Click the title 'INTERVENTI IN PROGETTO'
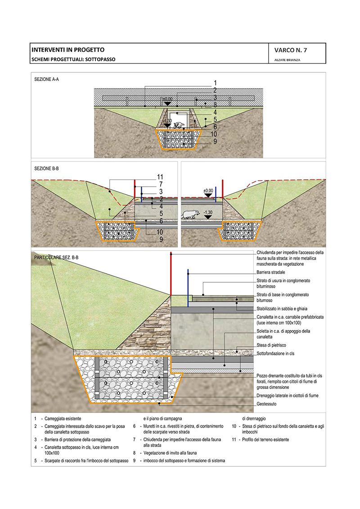point(67,50)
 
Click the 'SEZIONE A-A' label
point(46,80)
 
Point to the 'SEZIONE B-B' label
point(46,168)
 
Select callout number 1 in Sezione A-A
point(216,83)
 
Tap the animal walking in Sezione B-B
point(191,214)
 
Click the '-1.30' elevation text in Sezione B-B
point(208,211)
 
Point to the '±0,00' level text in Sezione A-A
point(167,99)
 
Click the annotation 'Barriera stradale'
point(271,272)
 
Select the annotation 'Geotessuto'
point(266,404)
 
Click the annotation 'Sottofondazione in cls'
point(275,354)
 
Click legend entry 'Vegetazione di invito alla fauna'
point(171,453)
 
